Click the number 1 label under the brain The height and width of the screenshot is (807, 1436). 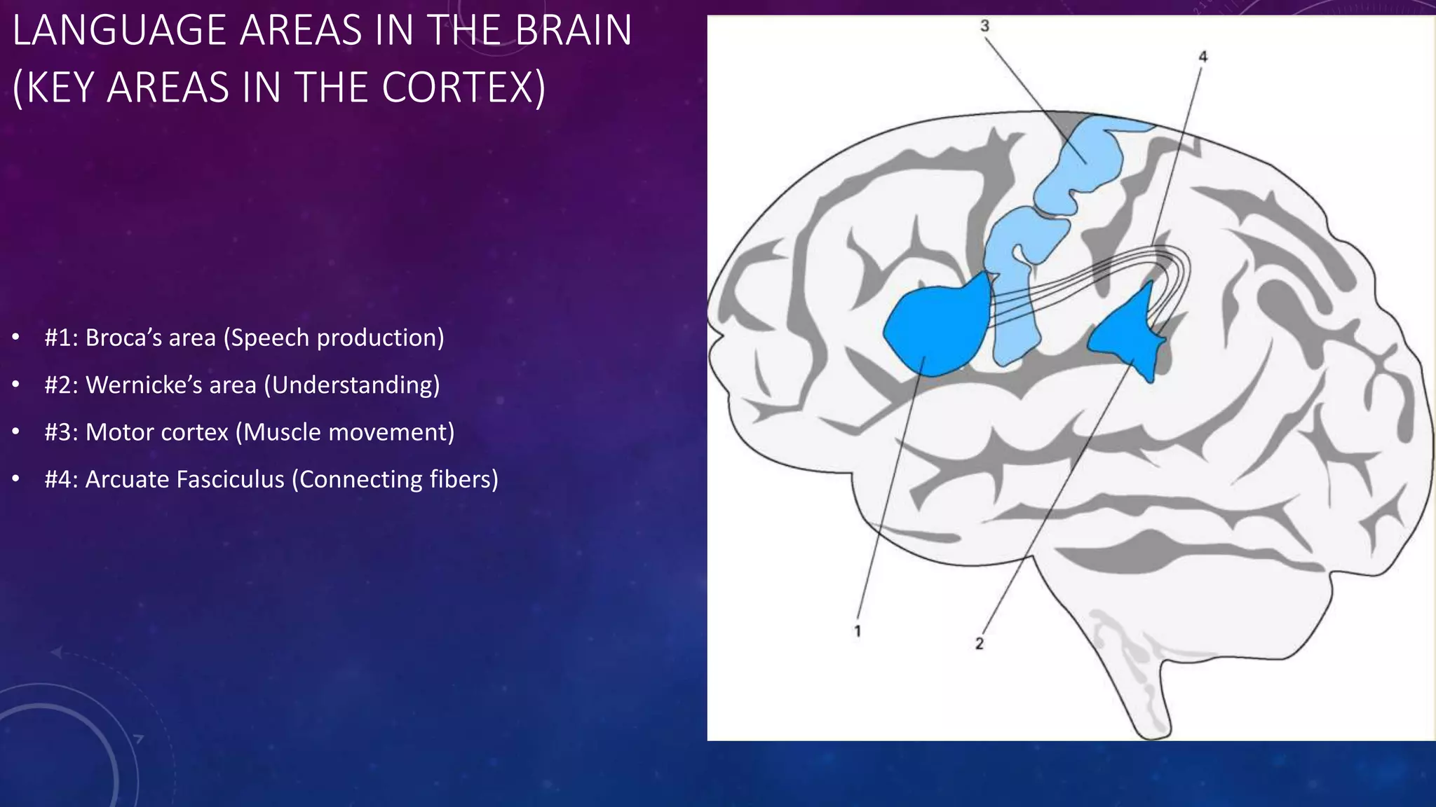857,631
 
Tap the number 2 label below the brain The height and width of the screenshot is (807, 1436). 979,643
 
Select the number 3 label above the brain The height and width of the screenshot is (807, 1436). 984,27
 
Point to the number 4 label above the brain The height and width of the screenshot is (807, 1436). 1203,57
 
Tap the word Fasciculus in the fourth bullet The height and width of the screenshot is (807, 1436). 230,479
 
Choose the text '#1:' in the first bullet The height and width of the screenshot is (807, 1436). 61,338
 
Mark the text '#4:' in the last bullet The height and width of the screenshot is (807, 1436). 61,479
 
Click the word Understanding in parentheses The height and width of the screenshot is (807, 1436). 352,385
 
